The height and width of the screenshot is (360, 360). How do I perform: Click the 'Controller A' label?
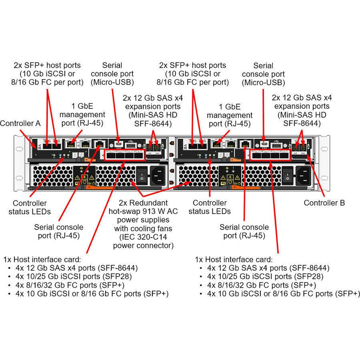tap(20, 124)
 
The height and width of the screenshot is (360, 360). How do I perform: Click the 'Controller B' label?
tap(324, 203)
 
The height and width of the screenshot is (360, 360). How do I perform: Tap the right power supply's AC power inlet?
tap(304, 174)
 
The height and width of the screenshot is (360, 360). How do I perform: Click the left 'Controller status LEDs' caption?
tap(30, 207)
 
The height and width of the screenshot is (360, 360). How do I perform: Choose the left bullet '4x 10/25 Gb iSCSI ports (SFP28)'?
tap(74, 276)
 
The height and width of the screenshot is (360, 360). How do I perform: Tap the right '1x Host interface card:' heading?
tap(234, 259)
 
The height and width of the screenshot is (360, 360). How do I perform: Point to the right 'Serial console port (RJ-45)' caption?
tap(244, 231)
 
